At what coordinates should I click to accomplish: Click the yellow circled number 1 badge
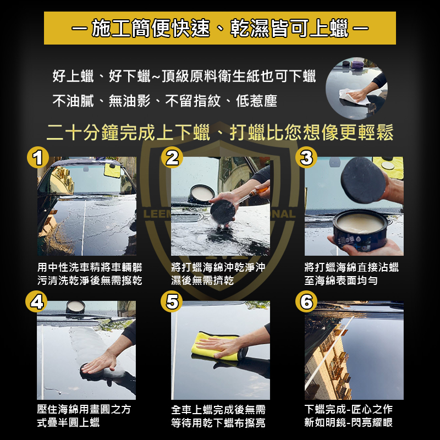(38, 157)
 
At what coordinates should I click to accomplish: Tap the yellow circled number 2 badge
(172, 157)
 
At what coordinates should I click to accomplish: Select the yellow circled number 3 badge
(306, 157)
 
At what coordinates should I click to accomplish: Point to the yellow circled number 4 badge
(36, 301)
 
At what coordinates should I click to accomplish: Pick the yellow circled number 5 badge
(172, 301)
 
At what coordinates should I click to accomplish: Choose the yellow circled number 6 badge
(306, 301)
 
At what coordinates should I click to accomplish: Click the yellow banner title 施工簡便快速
(151, 28)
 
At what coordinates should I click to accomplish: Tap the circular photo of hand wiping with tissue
(356, 89)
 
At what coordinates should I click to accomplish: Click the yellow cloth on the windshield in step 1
(112, 170)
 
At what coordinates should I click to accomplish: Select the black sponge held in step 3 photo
(363, 180)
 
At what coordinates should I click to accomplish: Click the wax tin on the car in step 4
(75, 307)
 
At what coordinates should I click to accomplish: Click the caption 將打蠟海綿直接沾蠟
(351, 267)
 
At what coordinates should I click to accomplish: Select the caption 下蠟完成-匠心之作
(348, 409)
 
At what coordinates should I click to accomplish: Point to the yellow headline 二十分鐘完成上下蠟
(128, 133)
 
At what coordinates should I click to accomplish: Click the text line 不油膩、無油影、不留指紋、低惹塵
(164, 101)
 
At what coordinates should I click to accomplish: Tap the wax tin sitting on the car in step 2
(201, 194)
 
